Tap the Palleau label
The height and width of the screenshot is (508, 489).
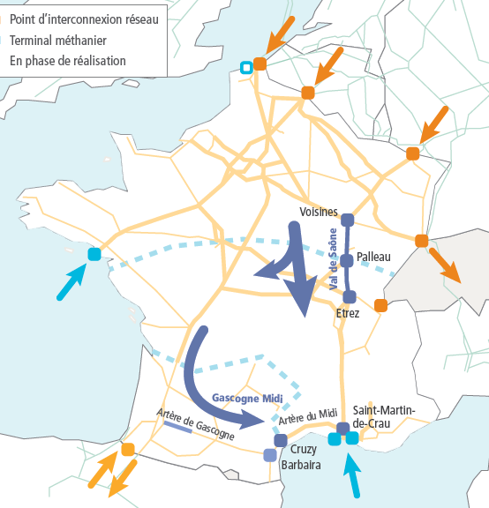click(373, 257)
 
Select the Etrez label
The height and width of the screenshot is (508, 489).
click(348, 313)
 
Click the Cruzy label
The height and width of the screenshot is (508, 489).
click(304, 450)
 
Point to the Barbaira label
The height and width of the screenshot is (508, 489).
click(301, 465)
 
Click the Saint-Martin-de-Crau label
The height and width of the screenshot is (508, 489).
click(384, 416)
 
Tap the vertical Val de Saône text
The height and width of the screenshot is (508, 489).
click(333, 259)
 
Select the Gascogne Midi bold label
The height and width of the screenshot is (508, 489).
click(247, 398)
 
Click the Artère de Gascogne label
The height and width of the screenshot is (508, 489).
click(196, 424)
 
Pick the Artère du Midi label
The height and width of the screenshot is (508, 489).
click(308, 416)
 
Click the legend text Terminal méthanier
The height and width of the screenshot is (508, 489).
click(58, 41)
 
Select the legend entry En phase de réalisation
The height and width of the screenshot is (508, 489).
click(68, 61)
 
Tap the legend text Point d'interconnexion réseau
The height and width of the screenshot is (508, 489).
click(84, 19)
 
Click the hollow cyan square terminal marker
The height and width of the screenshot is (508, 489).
click(246, 68)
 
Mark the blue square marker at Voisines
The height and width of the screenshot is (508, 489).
click(347, 220)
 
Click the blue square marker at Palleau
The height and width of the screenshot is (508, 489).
click(347, 261)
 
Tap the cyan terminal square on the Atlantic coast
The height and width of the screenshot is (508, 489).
click(94, 254)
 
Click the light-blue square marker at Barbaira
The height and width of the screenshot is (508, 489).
click(270, 455)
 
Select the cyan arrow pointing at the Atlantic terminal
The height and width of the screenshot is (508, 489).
click(71, 282)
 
